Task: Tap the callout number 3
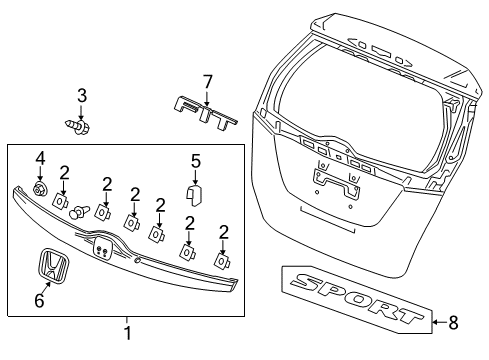pos(83,96)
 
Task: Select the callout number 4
pos(41,157)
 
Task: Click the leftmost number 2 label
pos(65,171)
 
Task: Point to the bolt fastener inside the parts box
pos(78,211)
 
